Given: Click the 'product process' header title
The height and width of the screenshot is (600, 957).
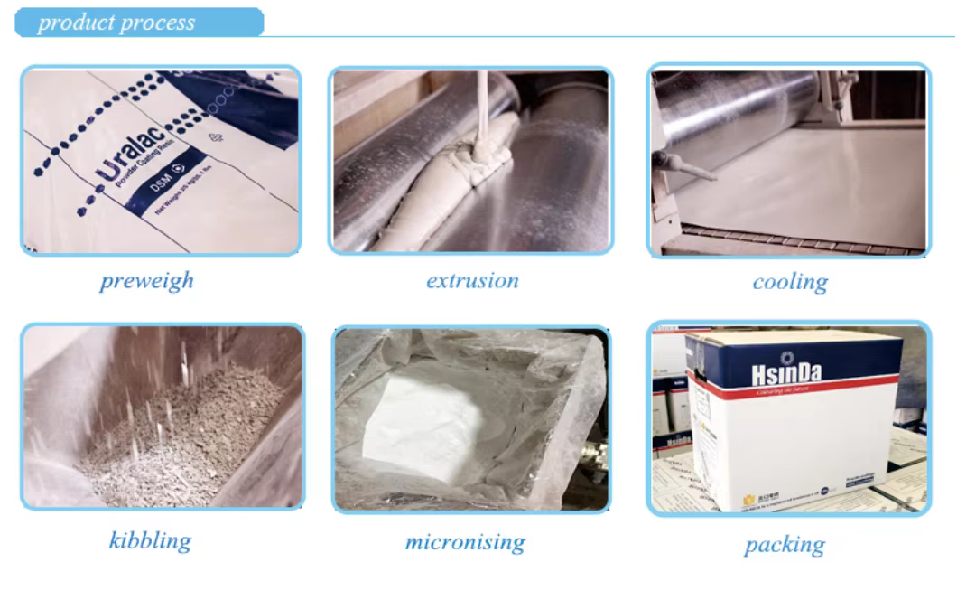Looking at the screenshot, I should tap(116, 23).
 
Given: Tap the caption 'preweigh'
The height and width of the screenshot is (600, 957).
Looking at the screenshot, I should tap(146, 280).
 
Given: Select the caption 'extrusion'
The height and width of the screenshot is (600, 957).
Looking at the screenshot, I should tap(472, 280).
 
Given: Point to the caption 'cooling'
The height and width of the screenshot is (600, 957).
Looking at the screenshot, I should tap(790, 282).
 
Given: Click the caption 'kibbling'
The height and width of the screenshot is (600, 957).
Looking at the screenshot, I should tap(150, 540).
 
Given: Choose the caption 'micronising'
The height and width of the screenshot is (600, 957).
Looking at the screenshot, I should tap(464, 542).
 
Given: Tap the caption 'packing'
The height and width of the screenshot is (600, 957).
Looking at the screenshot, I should tap(784, 545).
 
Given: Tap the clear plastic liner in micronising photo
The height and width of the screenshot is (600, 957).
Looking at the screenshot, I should tap(542, 380).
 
